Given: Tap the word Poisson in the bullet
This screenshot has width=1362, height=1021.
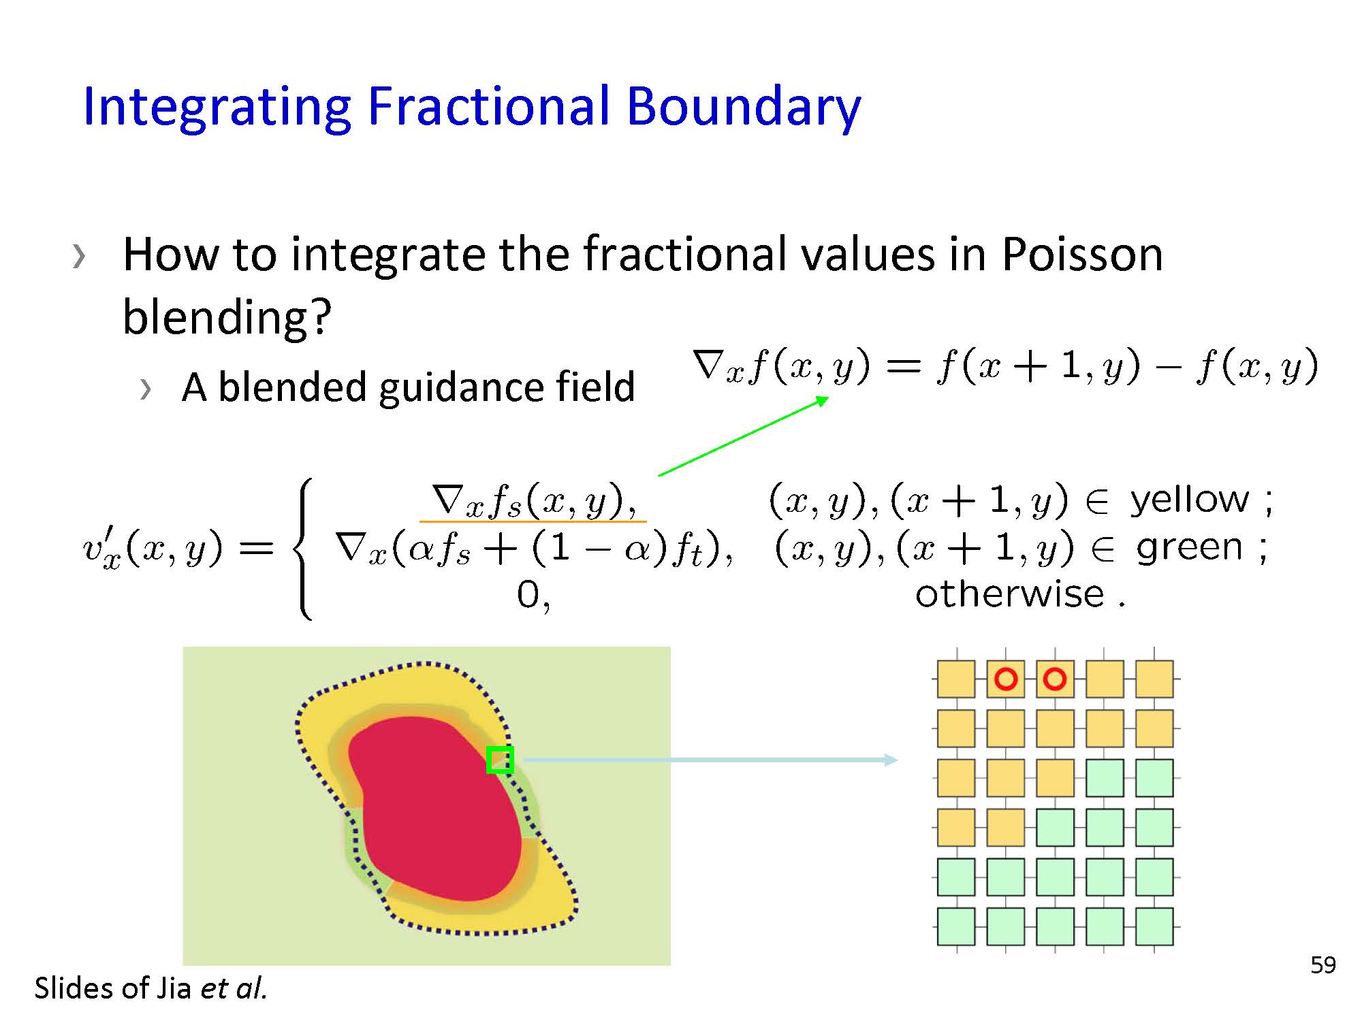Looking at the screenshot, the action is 1082,254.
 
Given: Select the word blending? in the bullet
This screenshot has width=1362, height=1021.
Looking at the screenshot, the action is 227,317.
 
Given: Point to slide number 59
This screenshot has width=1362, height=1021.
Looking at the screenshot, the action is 1323,965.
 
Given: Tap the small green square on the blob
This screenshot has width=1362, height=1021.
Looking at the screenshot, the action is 500,760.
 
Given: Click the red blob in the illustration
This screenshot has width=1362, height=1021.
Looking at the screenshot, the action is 436,810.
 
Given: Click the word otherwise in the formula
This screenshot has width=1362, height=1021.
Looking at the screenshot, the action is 1009,594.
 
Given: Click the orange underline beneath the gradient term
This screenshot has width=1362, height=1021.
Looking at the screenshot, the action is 533,521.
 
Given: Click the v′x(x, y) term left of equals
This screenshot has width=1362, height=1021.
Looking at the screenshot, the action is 153,549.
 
